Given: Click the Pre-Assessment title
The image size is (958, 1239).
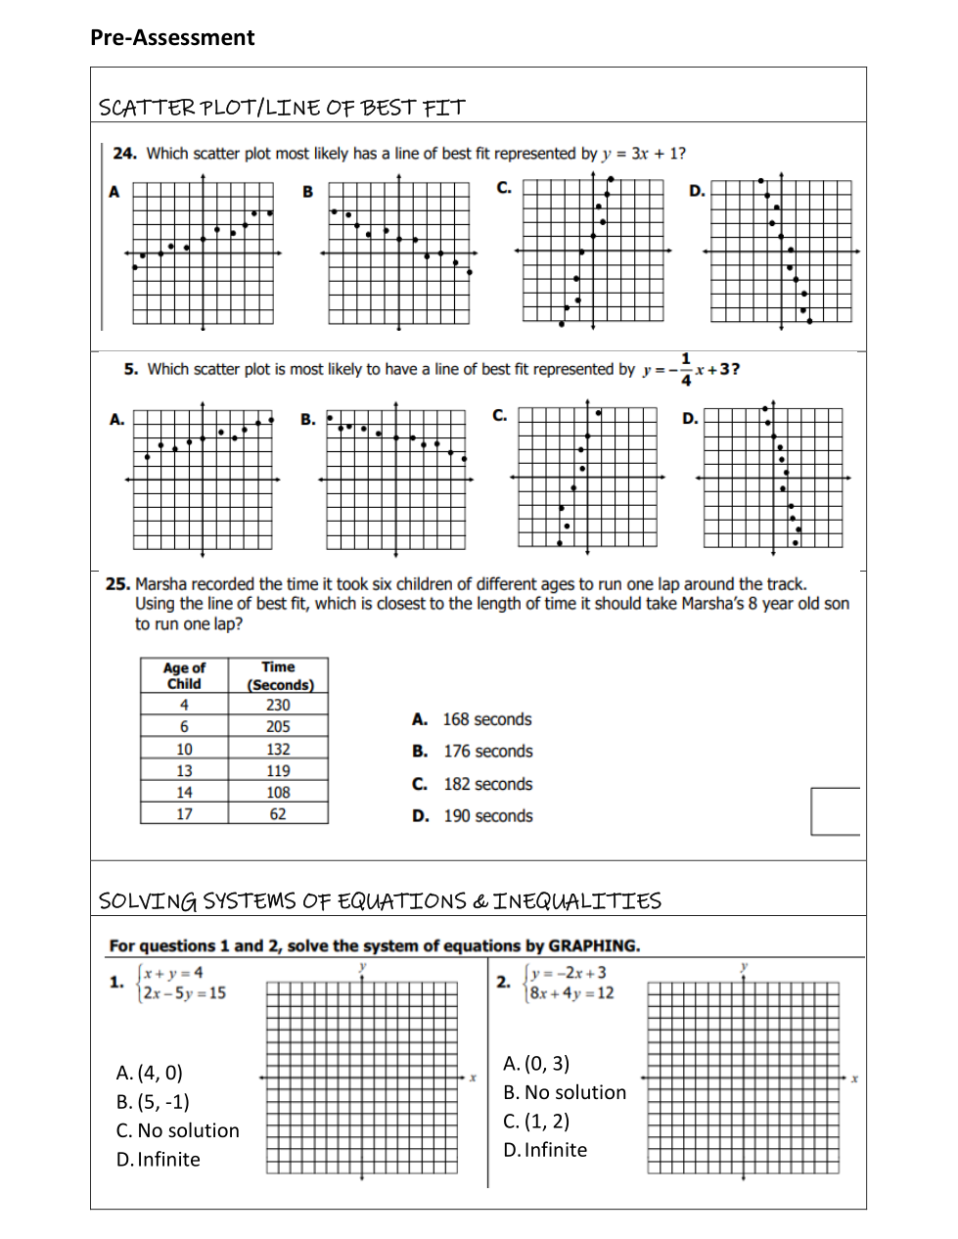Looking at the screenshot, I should [x=172, y=38].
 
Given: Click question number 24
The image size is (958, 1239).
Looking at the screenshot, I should [x=124, y=154].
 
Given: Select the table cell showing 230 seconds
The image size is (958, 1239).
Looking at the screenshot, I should [x=278, y=705].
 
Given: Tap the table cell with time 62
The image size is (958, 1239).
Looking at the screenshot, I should [x=278, y=814].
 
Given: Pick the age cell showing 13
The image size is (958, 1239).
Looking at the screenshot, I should [x=184, y=771].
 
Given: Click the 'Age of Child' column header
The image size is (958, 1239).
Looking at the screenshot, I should [x=184, y=676].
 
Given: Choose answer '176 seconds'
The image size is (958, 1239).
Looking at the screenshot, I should [x=487, y=752].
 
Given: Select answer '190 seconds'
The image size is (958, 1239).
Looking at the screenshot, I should [x=487, y=816].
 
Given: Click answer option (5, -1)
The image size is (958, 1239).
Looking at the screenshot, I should [x=153, y=1102].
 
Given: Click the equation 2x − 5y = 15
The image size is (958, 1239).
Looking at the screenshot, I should [x=184, y=993].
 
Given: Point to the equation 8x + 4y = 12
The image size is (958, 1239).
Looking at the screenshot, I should [x=571, y=993].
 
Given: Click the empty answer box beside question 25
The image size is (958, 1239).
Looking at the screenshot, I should [x=835, y=811].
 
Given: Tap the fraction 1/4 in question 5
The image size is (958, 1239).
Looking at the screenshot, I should [x=686, y=370].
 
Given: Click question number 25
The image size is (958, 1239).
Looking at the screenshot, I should [x=117, y=584].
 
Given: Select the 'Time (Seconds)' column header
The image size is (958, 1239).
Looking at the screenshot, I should [x=279, y=676].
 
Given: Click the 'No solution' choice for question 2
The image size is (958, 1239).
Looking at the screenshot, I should [x=565, y=1093].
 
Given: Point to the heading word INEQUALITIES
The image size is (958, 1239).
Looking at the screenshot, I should [x=576, y=901].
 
